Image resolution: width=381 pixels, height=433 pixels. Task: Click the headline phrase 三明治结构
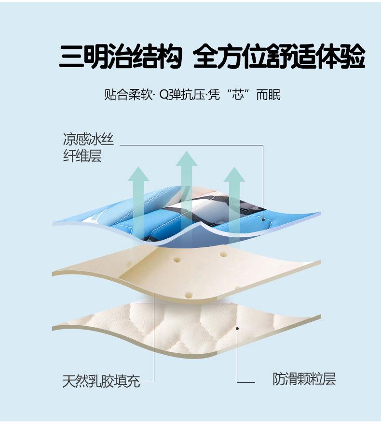(120, 57)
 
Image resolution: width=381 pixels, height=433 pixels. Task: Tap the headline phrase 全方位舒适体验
(278, 57)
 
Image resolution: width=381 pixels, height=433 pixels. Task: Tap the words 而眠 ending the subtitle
(268, 94)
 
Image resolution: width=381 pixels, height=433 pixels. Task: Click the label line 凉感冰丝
(88, 140)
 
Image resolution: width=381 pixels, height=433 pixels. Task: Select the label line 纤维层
(82, 156)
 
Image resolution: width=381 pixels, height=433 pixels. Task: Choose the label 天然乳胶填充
(101, 381)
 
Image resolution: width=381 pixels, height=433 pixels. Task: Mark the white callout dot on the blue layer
(263, 219)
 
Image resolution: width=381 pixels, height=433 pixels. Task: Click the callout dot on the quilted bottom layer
(237, 329)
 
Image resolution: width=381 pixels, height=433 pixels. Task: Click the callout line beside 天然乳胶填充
(154, 338)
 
